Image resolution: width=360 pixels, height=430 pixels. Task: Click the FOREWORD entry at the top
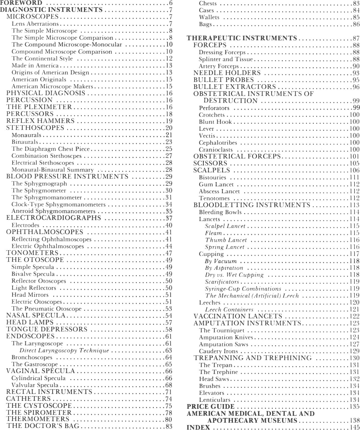[x=21, y=3]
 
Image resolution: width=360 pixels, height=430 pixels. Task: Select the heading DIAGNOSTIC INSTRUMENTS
[x=51, y=10]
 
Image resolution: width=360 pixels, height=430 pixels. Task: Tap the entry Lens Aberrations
[x=35, y=24]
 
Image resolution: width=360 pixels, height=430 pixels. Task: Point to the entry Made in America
[x=35, y=66]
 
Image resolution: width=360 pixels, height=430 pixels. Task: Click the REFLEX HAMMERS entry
[x=40, y=121]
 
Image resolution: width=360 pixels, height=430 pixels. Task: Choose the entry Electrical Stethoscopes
[x=43, y=163]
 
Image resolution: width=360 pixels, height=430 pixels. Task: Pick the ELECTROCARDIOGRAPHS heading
[x=54, y=218]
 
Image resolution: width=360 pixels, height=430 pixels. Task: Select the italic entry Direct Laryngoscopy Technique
[x=64, y=350]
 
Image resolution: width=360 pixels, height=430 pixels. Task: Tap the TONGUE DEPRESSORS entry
[x=47, y=329]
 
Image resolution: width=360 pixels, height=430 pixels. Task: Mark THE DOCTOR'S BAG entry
[x=43, y=426]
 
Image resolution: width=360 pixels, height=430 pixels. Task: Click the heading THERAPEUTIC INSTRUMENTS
[x=242, y=38]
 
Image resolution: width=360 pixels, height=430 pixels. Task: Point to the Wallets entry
[x=209, y=17]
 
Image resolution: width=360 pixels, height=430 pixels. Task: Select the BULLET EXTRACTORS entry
[x=235, y=87]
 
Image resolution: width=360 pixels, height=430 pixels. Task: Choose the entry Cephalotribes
[x=218, y=143]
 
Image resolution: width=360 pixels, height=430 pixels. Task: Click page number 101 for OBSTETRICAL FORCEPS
[x=354, y=157]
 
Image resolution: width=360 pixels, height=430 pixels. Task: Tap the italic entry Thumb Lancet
[x=226, y=240]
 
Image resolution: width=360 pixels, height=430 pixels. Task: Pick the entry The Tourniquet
[x=222, y=330]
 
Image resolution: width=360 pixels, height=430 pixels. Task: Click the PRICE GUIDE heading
[x=210, y=407]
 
